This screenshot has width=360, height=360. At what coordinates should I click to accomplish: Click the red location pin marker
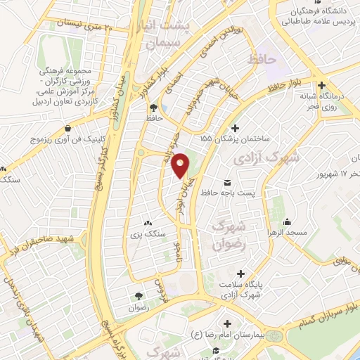181,166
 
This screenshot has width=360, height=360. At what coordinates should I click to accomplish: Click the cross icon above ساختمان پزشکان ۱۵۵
235,128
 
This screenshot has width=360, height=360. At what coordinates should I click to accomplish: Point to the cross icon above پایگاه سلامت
240,273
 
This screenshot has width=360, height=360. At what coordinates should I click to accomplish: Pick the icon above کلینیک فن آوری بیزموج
67,129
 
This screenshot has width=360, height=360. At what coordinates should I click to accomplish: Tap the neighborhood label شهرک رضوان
229,235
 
